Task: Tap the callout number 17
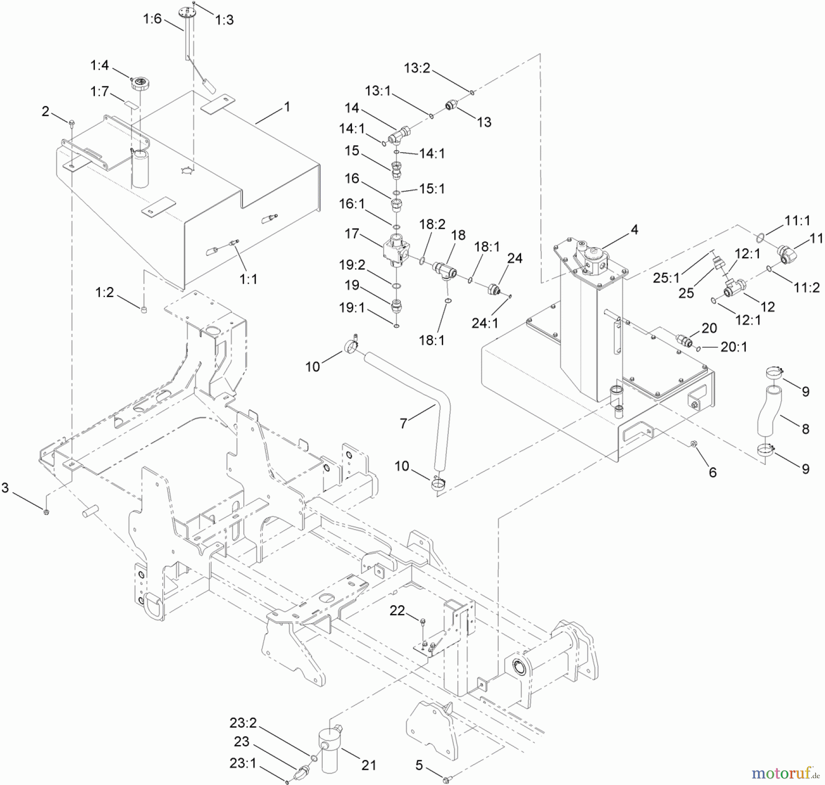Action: click(352, 234)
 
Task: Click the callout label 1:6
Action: click(152, 19)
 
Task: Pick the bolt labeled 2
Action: click(72, 122)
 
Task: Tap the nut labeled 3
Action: click(46, 512)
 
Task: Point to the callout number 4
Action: click(634, 229)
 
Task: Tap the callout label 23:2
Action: click(243, 723)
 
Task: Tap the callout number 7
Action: click(403, 423)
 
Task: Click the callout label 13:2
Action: click(417, 68)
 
